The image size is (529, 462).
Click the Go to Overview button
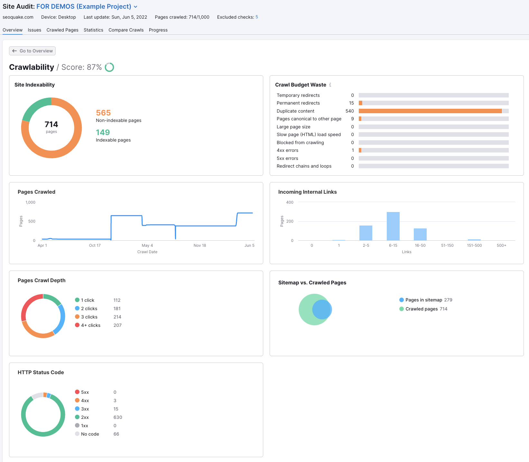pos(32,51)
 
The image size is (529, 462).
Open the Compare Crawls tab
pos(126,30)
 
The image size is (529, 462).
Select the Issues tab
pos(34,30)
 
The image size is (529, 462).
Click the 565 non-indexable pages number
pos(103,113)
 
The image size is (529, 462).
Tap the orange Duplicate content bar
pos(430,111)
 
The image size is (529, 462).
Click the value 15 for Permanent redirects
pos(351,103)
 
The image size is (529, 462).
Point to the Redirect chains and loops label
pos(304,166)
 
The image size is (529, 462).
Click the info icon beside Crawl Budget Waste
pos(330,85)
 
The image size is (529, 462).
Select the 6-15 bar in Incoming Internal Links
pos(393,226)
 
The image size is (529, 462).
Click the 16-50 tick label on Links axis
pos(420,245)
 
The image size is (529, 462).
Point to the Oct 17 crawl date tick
pos(95,245)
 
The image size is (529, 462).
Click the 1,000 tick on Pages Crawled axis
pos(31,202)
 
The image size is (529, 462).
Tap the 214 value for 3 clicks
pos(117,317)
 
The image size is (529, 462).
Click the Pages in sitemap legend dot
pos(402,300)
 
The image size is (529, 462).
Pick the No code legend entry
pos(90,434)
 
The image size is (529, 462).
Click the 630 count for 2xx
pos(118,417)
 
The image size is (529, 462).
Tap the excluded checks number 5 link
pos(257,17)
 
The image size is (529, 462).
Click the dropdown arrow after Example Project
pos(135,7)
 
